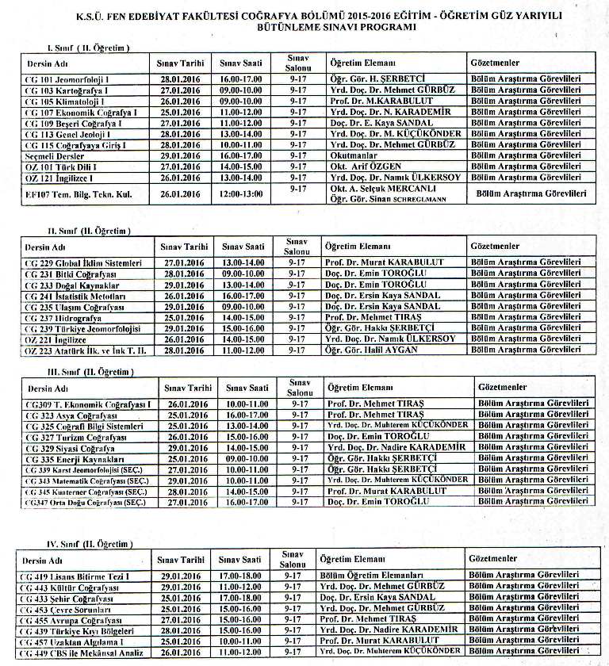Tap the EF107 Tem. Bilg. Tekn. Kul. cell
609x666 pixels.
[69, 193]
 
